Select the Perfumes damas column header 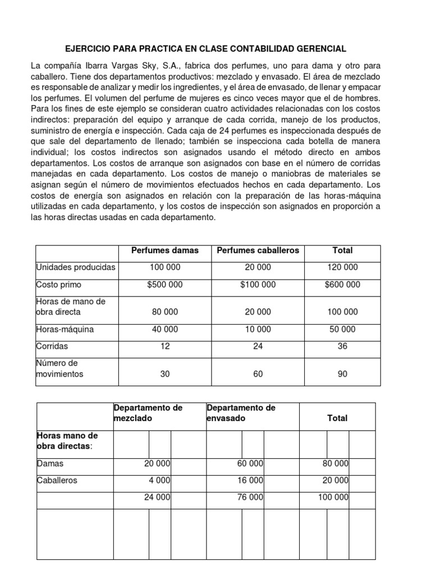[x=164, y=250]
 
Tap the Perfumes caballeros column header [x=258, y=250]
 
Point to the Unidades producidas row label [x=75, y=267]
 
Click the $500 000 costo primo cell [x=164, y=285]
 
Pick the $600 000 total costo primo [x=342, y=285]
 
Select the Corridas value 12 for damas [x=164, y=346]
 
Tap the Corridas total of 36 [x=342, y=346]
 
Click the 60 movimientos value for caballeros [x=258, y=374]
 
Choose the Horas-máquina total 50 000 [x=342, y=329]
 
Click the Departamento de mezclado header [x=148, y=413]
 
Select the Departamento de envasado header [x=241, y=413]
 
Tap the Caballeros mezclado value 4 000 [x=159, y=481]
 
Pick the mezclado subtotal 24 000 [x=157, y=498]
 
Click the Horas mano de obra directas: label [x=67, y=441]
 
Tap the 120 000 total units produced [x=342, y=267]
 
